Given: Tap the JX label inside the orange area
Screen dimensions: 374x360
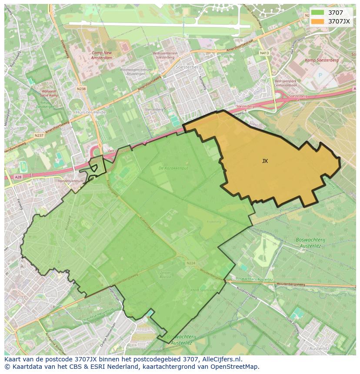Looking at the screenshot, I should pos(265,161).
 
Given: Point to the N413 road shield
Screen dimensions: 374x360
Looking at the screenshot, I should pos(264,53).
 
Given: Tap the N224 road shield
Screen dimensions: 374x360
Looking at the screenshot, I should pos(190,263).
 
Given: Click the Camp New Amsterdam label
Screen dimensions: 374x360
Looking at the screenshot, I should pos(102,55).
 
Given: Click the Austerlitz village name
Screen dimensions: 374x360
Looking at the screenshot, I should pos(319,348).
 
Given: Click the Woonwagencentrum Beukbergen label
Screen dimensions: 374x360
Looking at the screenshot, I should pos(136,71).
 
